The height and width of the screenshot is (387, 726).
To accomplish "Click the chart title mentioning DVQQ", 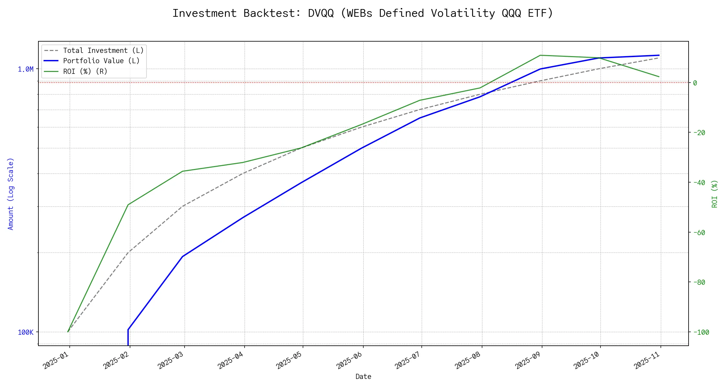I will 363,14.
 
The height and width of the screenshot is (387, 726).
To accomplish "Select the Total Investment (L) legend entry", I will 103,51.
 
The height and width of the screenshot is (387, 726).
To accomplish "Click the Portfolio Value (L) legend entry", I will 101,61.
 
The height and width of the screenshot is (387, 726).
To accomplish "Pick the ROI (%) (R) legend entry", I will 85,71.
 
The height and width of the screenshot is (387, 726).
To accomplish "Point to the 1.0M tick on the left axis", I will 25,69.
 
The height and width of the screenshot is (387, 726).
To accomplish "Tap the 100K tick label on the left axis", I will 25,332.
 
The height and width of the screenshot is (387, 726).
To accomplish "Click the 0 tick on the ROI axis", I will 695,83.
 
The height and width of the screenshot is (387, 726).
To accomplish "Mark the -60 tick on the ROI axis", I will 699,233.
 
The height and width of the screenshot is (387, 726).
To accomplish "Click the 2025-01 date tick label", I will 56,360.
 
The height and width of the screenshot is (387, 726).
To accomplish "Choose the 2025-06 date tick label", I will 350,360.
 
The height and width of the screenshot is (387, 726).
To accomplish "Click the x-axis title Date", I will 363,377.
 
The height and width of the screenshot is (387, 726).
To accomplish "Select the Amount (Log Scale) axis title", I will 11,193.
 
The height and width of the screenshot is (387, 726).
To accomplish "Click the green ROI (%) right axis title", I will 715,193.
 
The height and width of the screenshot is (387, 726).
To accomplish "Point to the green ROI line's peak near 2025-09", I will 540,55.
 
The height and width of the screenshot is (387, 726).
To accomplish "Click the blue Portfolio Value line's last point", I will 659,55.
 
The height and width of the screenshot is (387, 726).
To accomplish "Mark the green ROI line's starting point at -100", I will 68,332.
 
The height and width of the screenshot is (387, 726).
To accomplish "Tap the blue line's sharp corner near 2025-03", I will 183,256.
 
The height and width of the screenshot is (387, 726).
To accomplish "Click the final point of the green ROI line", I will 659,77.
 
